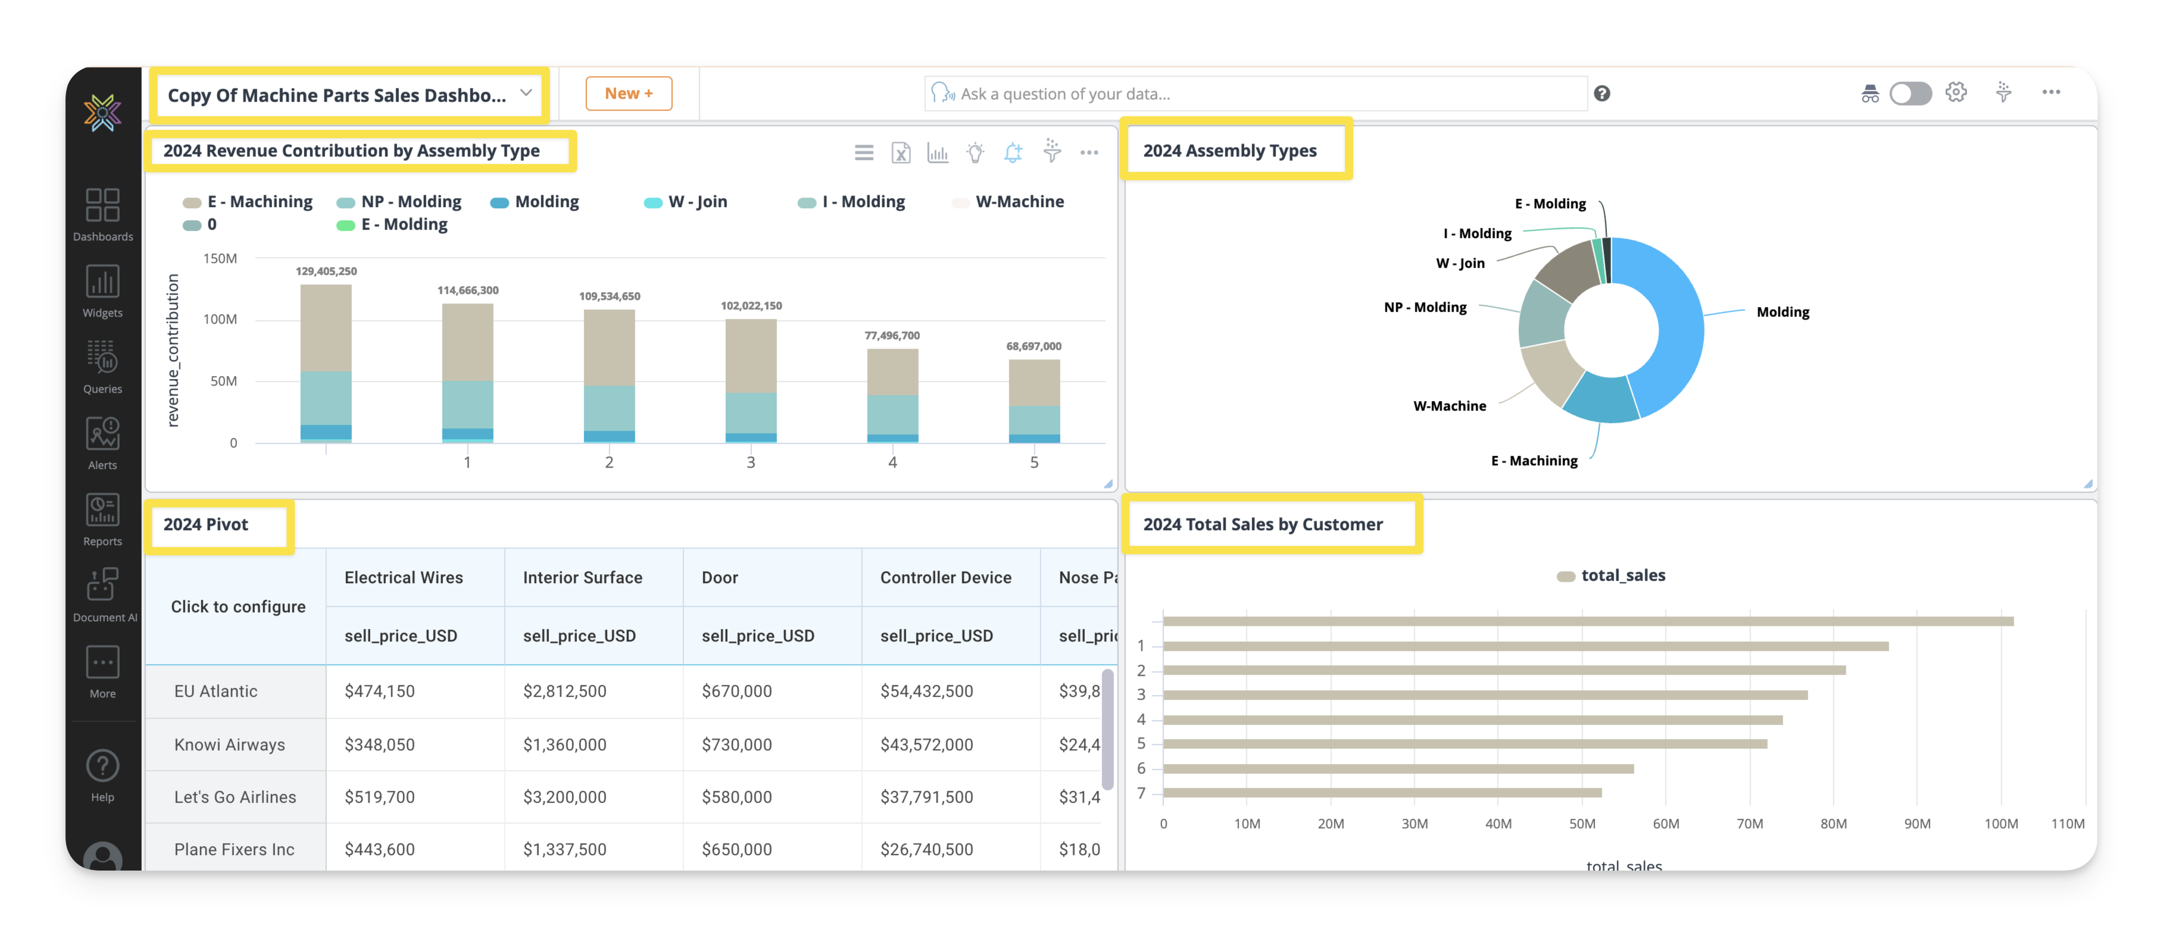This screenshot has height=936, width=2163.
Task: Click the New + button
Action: (628, 93)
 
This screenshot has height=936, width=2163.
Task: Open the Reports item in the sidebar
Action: (102, 519)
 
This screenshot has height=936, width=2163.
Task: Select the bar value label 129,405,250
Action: (326, 271)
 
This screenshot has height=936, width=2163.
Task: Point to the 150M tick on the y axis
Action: (220, 259)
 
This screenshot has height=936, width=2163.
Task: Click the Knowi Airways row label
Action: (229, 744)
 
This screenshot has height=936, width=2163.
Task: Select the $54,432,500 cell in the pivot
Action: (926, 691)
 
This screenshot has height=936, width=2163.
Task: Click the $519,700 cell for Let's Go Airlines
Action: (379, 797)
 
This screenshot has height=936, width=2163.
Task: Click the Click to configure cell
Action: (238, 607)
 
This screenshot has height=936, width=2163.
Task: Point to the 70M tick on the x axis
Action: (1749, 824)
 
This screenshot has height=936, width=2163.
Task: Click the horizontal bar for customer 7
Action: (1381, 793)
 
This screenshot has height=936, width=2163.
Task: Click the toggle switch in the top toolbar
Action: (1909, 93)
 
